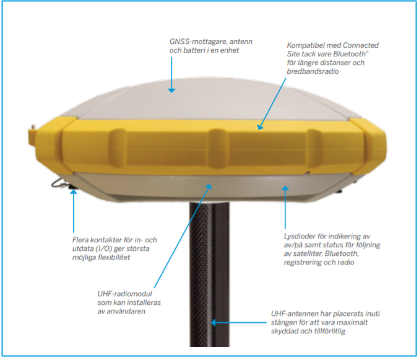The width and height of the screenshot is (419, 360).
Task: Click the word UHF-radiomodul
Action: point(124,294)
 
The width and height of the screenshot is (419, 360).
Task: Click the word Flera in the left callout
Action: point(80,240)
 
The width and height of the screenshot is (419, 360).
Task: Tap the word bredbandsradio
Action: point(313,71)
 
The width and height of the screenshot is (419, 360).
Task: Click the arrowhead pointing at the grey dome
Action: point(171,90)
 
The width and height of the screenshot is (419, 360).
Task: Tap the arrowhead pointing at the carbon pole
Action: point(214,323)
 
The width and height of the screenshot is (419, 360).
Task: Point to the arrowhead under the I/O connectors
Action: point(74,191)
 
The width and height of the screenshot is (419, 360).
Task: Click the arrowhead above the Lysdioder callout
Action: point(285,188)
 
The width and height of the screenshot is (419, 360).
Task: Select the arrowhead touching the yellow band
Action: point(260,127)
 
